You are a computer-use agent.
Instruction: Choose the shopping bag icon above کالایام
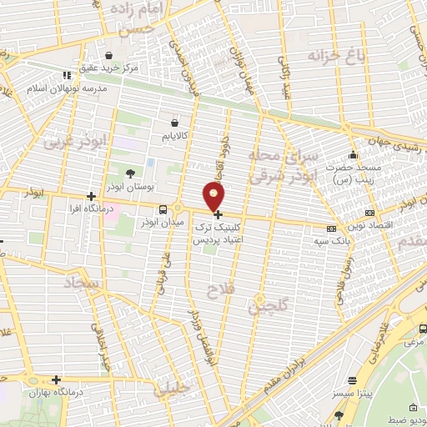[x=174, y=120]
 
